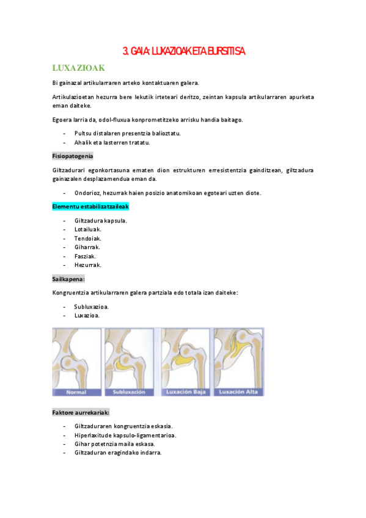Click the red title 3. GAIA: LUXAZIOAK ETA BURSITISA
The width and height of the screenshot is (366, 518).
pos(184,51)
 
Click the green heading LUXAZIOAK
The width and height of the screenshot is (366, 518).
pos(80,67)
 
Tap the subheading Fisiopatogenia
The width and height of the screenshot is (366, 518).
pos(72,156)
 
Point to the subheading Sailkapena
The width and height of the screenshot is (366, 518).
pos(68,279)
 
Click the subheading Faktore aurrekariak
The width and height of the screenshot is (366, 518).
pos(81,413)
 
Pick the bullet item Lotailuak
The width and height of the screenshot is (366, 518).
pos(88,229)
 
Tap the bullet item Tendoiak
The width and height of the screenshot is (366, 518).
pos(88,238)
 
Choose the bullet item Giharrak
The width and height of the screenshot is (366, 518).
pos(87,247)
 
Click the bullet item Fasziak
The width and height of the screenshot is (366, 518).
pos(86,256)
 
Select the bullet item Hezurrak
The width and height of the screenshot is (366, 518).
pos(88,265)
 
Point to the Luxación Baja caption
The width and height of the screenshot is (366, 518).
pos(185,392)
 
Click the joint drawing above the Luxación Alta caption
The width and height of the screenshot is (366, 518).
pos(238,357)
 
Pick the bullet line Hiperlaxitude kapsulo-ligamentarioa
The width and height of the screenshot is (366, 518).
pos(125,435)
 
